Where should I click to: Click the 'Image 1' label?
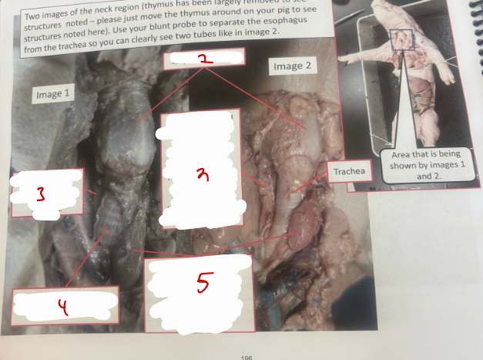52,95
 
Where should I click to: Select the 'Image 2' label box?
292,66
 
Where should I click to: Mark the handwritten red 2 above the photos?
203,58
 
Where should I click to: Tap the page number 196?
247,357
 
